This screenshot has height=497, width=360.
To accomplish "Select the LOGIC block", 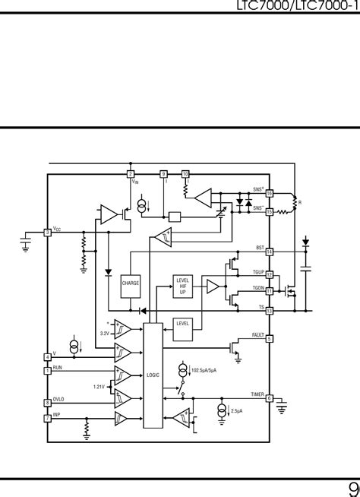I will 153,375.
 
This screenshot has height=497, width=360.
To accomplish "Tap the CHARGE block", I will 131,283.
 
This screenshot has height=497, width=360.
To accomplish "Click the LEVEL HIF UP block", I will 183,286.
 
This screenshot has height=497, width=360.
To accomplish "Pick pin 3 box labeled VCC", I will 47,232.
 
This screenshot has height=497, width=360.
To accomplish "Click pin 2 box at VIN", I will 131,174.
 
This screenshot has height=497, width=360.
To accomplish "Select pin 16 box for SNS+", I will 269,194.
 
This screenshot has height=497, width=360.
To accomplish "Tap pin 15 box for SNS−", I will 269,213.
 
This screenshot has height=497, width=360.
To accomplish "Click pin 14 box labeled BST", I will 269,252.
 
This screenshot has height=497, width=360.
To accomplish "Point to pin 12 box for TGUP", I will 269,275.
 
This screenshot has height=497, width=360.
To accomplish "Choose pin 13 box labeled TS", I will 269,310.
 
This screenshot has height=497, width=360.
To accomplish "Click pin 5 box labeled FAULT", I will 269,339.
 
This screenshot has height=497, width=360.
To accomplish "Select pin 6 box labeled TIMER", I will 269,398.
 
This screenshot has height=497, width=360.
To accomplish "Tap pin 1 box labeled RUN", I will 47,370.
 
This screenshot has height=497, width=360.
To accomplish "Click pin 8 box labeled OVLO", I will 47,403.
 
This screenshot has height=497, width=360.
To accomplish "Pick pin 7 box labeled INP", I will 47,418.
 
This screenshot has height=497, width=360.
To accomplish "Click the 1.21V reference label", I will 99,387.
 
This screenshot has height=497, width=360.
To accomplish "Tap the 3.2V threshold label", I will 104,333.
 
